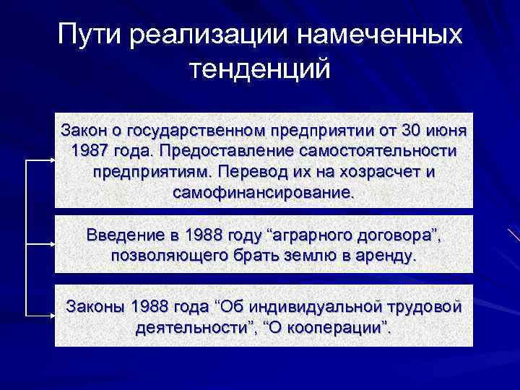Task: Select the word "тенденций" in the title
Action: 259,70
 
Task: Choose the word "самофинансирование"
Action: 264,194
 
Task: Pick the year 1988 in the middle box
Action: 207,235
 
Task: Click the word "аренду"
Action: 389,256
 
